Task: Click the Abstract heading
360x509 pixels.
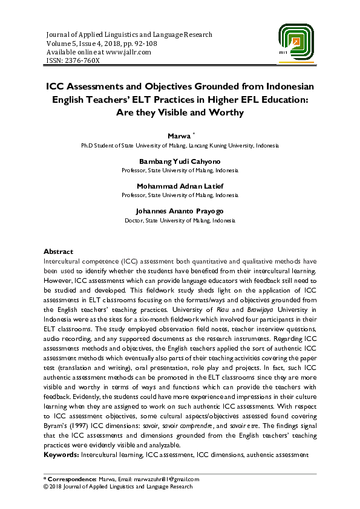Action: (x=58, y=251)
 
